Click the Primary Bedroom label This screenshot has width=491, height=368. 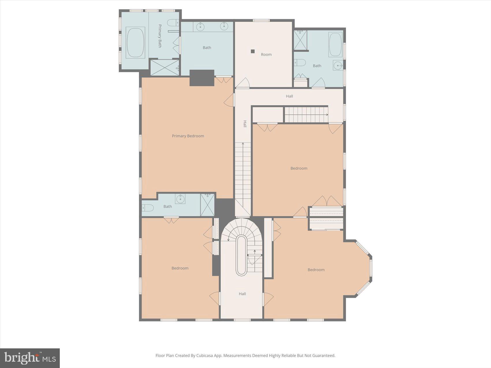[x=188, y=136]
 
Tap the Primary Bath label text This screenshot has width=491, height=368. [x=160, y=36]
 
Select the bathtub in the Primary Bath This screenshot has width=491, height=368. [x=135, y=42]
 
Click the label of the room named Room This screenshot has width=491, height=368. [x=266, y=54]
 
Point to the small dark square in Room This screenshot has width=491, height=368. [x=253, y=51]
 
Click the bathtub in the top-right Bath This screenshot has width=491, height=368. [x=336, y=44]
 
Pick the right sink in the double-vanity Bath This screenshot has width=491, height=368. [x=224, y=26]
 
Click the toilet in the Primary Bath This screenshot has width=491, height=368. [x=173, y=23]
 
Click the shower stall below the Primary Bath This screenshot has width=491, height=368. [x=165, y=68]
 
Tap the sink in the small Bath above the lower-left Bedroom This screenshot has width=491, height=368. [x=180, y=199]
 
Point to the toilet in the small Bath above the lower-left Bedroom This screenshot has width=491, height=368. [x=147, y=208]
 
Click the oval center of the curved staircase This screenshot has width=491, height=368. [x=241, y=255]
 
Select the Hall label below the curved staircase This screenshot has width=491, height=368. [x=242, y=294]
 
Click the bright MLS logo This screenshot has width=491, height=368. [x=30, y=358]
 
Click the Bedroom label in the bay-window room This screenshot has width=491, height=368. [x=316, y=270]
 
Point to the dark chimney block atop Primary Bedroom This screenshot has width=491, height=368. [x=202, y=78]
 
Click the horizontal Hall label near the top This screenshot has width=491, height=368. [x=289, y=96]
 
